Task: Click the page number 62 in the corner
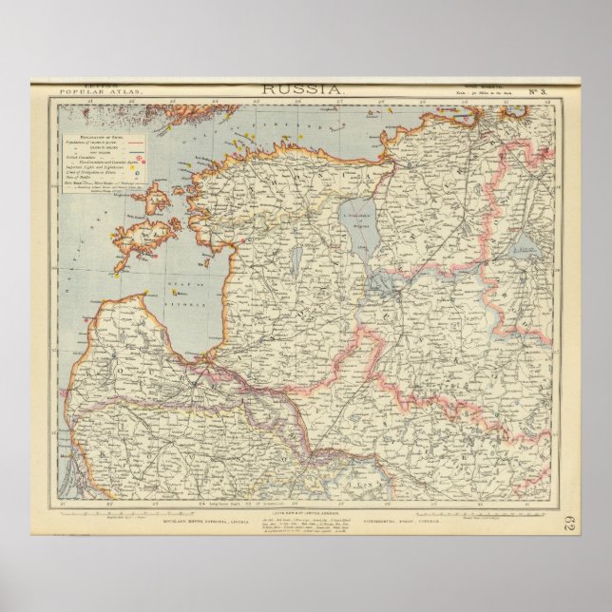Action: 568,522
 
